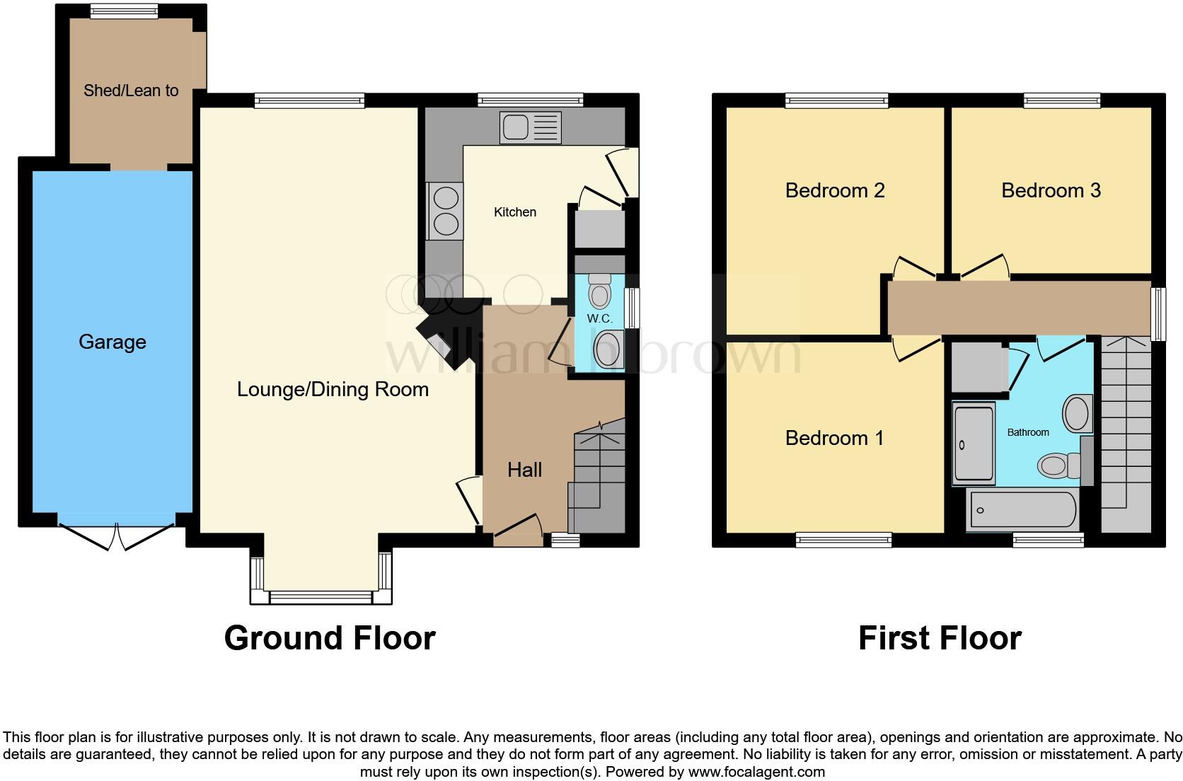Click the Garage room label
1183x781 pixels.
click(112, 342)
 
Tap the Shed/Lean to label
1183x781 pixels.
click(131, 91)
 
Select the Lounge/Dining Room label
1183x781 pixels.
click(333, 389)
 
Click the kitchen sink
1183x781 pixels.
click(530, 127)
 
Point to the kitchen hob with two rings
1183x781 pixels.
click(445, 211)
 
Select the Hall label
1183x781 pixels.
click(524, 470)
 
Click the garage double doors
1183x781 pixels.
click(117, 536)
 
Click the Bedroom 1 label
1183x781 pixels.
click(834, 438)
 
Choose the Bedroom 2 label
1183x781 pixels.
click(835, 190)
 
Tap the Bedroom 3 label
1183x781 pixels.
click(1051, 190)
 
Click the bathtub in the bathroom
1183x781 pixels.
click(1022, 509)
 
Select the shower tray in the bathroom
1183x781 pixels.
click(974, 443)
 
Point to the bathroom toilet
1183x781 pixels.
click(1057, 465)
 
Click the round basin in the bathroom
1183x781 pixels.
click(1077, 412)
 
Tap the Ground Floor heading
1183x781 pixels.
click(330, 638)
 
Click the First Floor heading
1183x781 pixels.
click(940, 638)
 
